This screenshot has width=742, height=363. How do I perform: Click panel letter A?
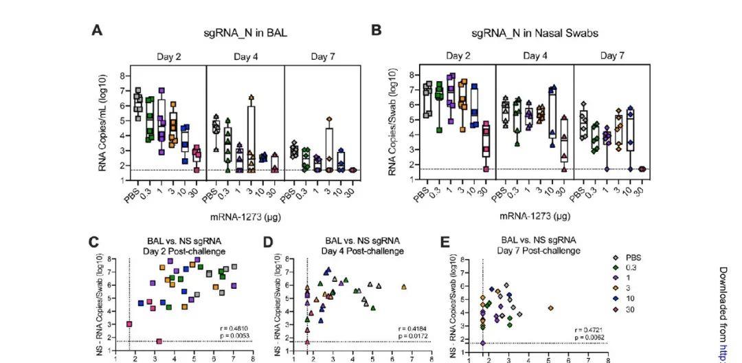pyautogui.click(x=97, y=31)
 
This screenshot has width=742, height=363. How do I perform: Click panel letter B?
pyautogui.click(x=376, y=31)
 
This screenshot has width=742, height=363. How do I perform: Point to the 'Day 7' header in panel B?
pyautogui.click(x=611, y=56)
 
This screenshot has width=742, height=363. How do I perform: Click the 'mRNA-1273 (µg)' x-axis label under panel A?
pyautogui.click(x=245, y=216)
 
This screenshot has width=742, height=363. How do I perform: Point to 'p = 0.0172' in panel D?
pyautogui.click(x=412, y=335)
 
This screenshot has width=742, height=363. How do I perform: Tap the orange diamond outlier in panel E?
pyautogui.click(x=550, y=308)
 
